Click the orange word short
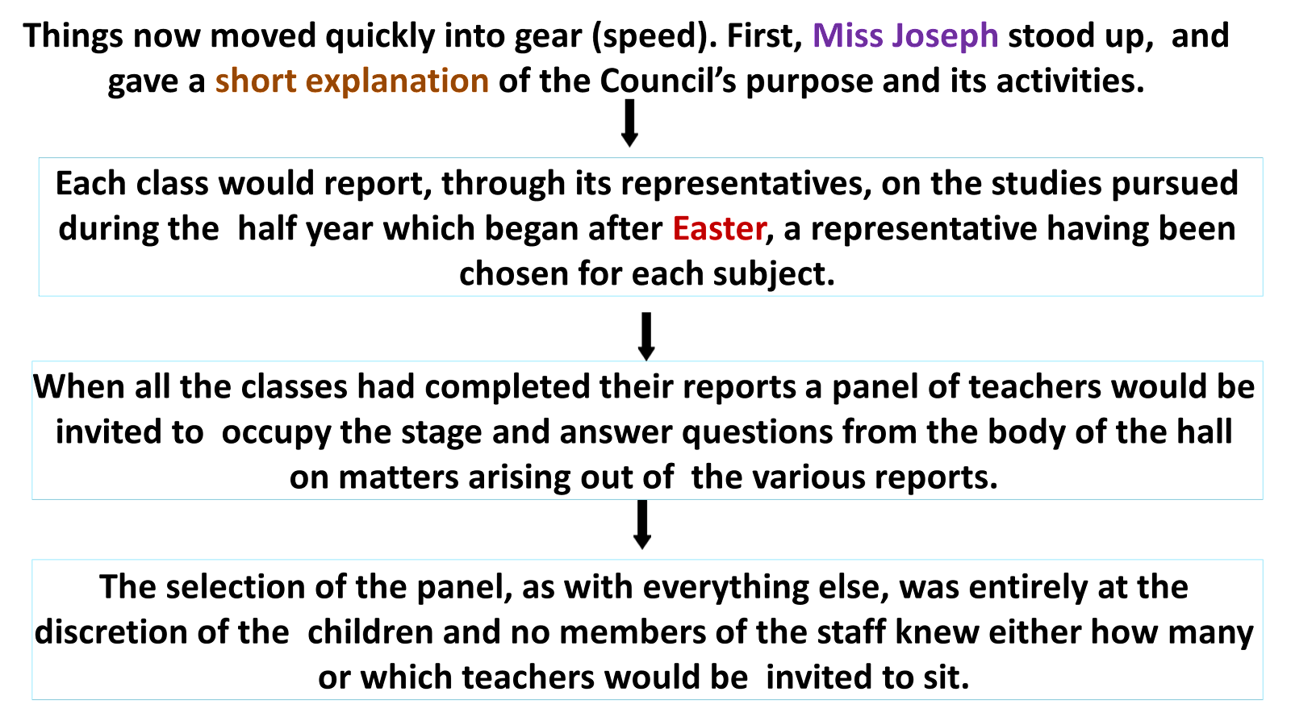pyautogui.click(x=256, y=81)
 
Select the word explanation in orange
pyautogui.click(x=397, y=81)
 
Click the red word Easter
pyautogui.click(x=720, y=229)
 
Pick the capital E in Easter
pyautogui.click(x=682, y=229)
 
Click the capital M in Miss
pyautogui.click(x=825, y=35)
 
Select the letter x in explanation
pyautogui.click(x=330, y=83)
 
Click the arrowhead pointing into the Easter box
pyautogui.click(x=629, y=141)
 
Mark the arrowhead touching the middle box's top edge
pyautogui.click(x=646, y=355)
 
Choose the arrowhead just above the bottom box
pyautogui.click(x=642, y=544)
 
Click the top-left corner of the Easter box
pyautogui.click(x=39, y=159)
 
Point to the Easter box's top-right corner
pyautogui.click(x=1263, y=159)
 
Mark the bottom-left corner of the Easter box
pyautogui.click(x=39, y=296)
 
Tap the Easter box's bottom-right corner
pyautogui.click(x=1263, y=296)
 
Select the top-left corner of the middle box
pyautogui.click(x=32, y=362)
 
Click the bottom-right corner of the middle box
pyautogui.click(x=1263, y=499)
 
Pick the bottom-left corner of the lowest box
pyautogui.click(x=32, y=699)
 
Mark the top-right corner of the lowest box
pyautogui.click(x=1263, y=560)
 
